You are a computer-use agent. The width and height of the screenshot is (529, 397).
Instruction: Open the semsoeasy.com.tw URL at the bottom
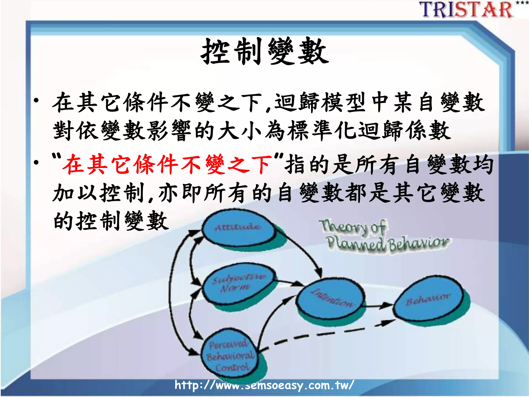[264, 385]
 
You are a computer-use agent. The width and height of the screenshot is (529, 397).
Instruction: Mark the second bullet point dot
[36, 163]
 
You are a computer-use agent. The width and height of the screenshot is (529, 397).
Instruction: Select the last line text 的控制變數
[111, 221]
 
